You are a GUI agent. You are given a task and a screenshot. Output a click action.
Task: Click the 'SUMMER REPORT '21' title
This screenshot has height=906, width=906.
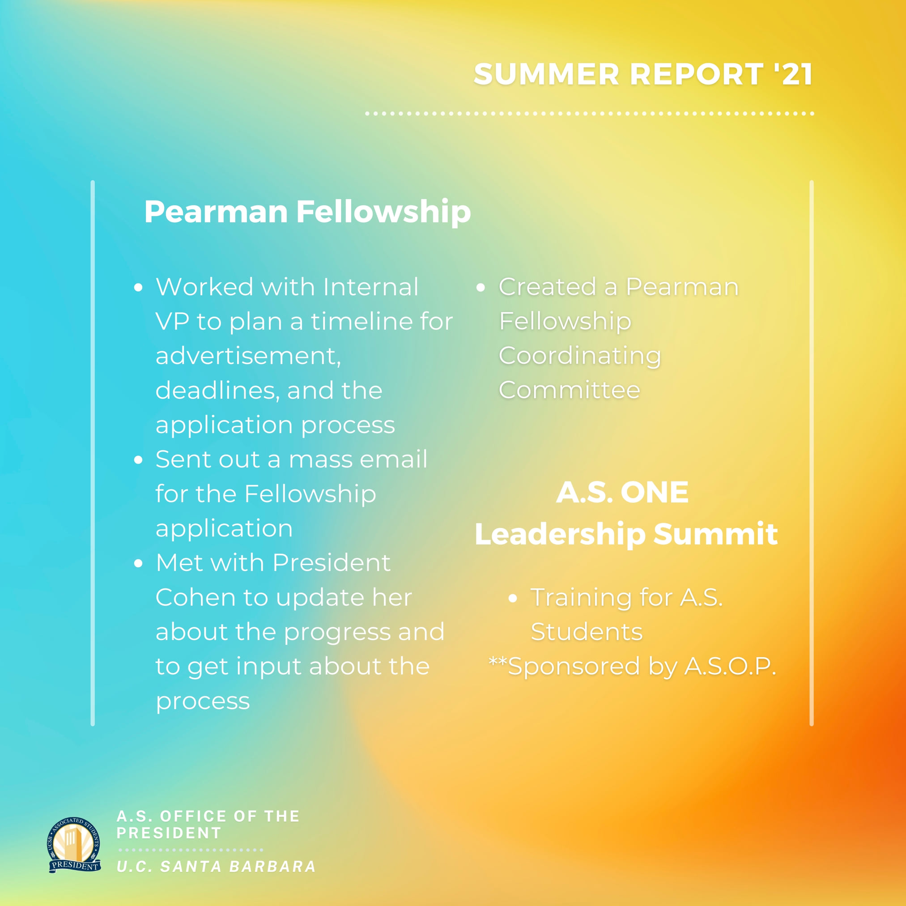643,74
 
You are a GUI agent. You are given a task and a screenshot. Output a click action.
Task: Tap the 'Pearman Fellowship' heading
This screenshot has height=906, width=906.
307,213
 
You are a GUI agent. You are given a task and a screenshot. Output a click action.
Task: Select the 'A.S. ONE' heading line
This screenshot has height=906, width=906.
622,493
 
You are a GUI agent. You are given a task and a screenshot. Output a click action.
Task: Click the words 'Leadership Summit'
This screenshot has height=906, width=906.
626,535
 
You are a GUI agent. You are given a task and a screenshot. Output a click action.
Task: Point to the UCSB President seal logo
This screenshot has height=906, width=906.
74,845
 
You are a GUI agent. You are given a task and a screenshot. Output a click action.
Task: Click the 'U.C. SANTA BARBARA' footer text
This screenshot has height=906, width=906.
216,867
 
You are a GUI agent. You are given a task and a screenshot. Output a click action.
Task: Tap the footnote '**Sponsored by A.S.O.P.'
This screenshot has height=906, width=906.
633,666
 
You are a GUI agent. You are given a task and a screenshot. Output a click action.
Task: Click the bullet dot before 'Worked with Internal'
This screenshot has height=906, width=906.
138,288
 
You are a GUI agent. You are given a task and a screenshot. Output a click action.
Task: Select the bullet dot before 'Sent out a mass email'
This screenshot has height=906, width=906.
138,460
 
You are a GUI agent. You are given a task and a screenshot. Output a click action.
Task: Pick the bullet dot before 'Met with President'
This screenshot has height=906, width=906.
138,564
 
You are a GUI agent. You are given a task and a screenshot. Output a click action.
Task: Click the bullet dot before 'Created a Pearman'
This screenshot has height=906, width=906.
481,288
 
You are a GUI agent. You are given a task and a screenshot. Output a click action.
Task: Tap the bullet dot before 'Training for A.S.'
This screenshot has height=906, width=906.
513,598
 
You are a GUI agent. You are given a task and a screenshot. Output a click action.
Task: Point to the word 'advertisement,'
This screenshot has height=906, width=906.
248,357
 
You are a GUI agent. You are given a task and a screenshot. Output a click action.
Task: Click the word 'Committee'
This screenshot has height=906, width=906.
569,390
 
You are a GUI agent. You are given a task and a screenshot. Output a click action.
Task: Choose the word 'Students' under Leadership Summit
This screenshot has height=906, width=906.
586,632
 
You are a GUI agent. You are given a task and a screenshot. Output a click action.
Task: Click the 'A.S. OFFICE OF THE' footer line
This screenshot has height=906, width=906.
208,817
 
